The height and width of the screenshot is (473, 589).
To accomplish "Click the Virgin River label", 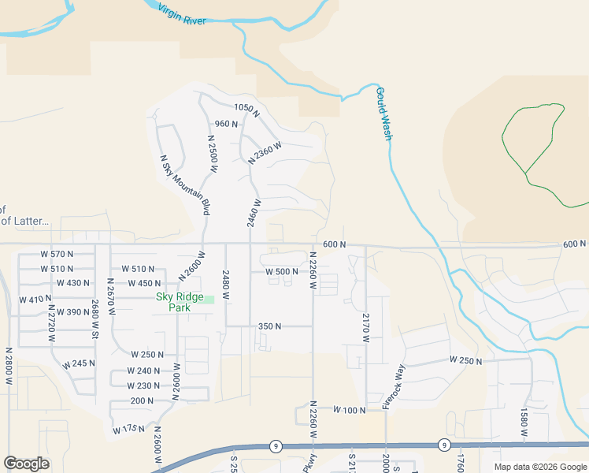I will (x=182, y=14).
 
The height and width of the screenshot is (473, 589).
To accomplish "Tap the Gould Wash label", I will (x=383, y=114).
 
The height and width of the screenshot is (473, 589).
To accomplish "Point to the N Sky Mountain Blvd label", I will (x=185, y=185).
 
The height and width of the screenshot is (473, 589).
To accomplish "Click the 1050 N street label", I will (x=246, y=107).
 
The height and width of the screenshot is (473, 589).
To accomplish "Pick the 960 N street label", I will (x=226, y=124).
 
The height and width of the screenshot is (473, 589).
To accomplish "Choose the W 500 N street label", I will (x=281, y=271).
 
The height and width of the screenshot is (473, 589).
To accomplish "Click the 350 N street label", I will (x=269, y=326).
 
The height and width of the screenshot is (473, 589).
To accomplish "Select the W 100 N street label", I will (x=350, y=410).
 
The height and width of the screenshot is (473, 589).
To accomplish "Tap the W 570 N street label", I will (x=57, y=254).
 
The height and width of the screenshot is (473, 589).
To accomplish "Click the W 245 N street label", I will (x=79, y=363).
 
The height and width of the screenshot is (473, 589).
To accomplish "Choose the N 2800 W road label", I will (x=9, y=367).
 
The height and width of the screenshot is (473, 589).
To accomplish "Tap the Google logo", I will (x=26, y=464).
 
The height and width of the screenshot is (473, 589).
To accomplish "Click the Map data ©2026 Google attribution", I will (x=539, y=467).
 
